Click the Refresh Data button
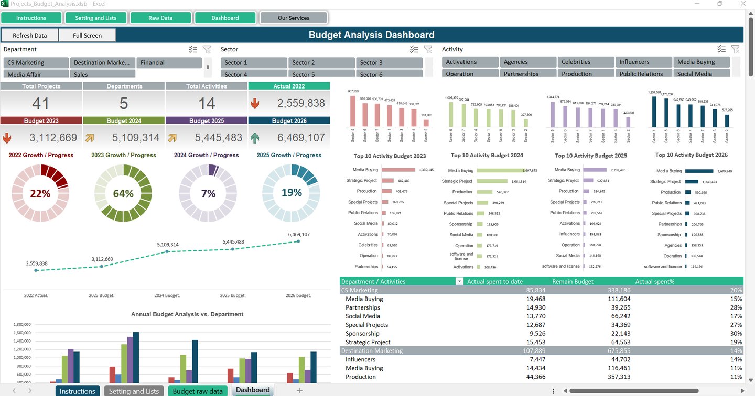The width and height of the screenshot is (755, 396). [30, 35]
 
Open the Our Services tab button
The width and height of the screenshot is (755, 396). [293, 18]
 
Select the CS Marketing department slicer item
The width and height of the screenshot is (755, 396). [36, 62]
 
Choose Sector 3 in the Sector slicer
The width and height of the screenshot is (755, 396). [389, 62]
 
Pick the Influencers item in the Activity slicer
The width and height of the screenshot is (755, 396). [643, 62]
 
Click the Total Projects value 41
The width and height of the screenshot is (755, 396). [41, 103]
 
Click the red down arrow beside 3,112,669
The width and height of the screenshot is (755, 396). [7, 138]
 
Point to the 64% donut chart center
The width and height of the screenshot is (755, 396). [123, 193]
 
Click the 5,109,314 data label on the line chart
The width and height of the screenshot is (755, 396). [168, 244]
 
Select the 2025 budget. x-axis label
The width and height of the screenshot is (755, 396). [233, 295]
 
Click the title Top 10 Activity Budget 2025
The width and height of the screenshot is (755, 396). [590, 156]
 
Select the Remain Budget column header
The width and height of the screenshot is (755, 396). [573, 281]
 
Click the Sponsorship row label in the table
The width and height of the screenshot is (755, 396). [362, 333]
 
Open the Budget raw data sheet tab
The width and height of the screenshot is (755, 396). [197, 391]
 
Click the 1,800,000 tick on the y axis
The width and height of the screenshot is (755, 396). [21, 324]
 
